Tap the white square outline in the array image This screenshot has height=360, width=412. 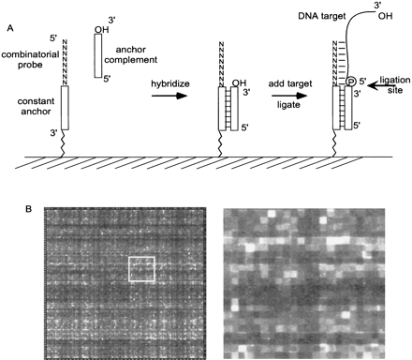[x=141, y=268]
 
